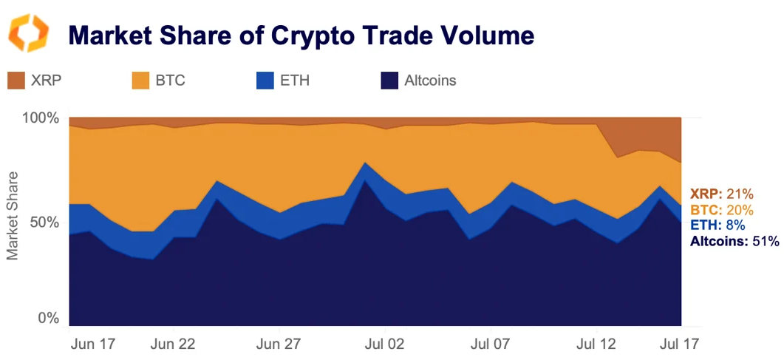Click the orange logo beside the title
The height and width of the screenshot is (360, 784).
tap(28, 33)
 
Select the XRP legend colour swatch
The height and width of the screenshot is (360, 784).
tap(16, 81)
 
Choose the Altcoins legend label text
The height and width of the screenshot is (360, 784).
tap(430, 81)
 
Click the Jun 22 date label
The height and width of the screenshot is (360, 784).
tap(172, 344)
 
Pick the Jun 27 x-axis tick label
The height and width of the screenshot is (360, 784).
tap(277, 344)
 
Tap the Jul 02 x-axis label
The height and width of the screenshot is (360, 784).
tap(384, 344)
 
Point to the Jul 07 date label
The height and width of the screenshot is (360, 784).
tap(490, 344)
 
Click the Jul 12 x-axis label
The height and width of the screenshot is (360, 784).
tap(596, 344)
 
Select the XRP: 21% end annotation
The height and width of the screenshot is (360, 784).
tap(721, 194)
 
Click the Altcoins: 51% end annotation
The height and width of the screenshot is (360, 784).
tap(734, 241)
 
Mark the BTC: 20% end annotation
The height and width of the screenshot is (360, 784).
tap(721, 210)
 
